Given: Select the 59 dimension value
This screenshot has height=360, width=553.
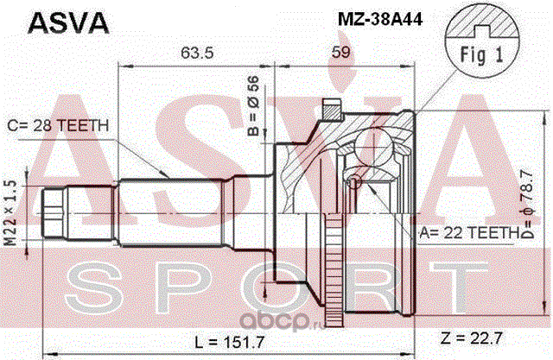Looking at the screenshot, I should (341, 52).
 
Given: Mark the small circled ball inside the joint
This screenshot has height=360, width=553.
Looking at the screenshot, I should (354, 182).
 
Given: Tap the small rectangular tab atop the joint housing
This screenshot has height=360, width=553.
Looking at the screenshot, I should (329, 109).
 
